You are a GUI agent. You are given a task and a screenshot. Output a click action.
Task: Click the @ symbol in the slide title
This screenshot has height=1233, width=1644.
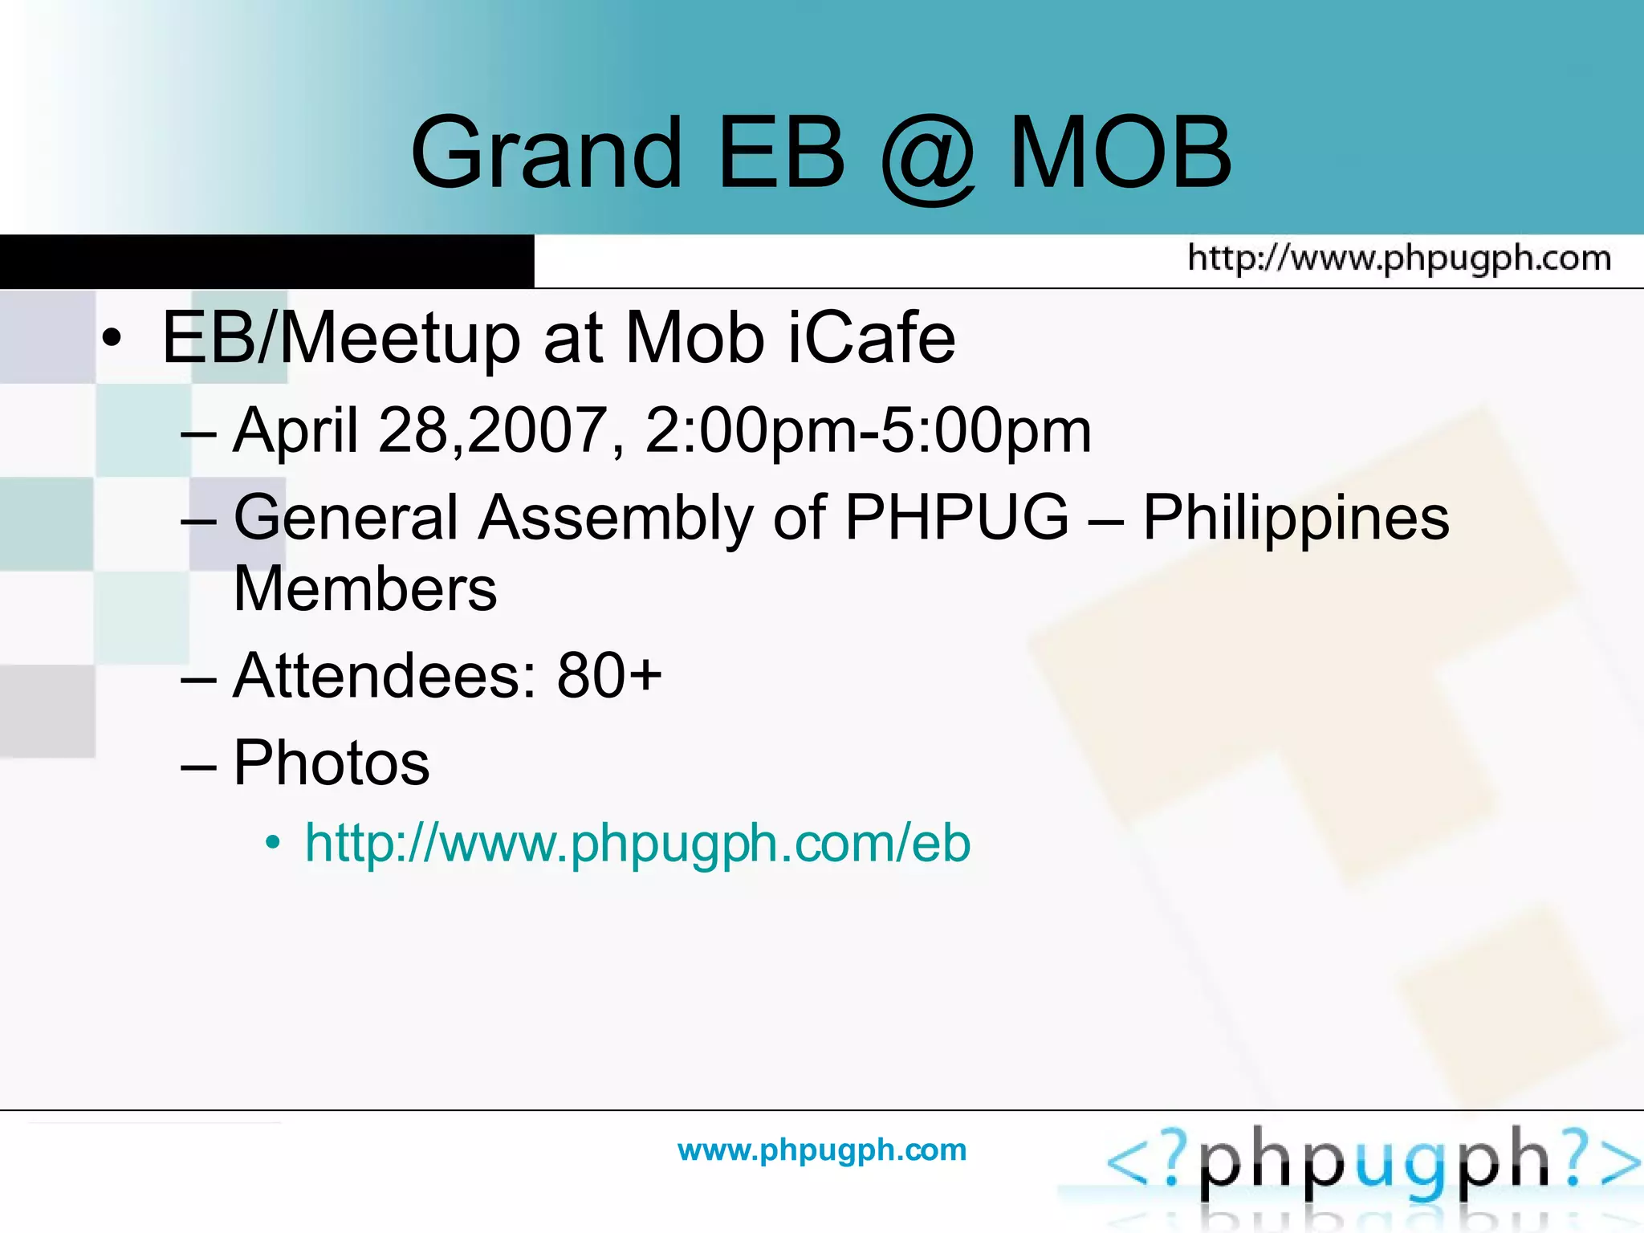[x=928, y=156]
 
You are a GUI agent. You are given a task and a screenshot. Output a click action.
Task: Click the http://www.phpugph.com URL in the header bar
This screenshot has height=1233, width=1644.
[x=1399, y=258]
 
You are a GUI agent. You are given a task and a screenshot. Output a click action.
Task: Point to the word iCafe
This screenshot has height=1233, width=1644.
[x=871, y=338]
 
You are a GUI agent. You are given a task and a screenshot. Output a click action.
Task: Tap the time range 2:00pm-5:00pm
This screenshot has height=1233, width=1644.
[x=869, y=431]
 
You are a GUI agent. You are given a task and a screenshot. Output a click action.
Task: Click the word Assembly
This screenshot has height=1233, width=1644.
[x=616, y=518]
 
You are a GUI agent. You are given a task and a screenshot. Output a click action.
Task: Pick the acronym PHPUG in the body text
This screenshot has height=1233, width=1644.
[x=957, y=518]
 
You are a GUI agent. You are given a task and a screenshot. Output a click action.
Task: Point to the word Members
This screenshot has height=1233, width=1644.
[x=365, y=589]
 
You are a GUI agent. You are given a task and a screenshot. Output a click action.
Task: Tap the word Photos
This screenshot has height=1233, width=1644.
[x=332, y=763]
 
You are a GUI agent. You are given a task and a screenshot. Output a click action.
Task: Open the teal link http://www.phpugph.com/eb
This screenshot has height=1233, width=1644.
[x=637, y=844]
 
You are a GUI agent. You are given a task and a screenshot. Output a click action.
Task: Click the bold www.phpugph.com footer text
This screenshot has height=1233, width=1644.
[x=822, y=1150]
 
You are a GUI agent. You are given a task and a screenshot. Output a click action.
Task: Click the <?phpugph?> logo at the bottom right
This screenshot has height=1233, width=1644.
[x=1373, y=1164]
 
